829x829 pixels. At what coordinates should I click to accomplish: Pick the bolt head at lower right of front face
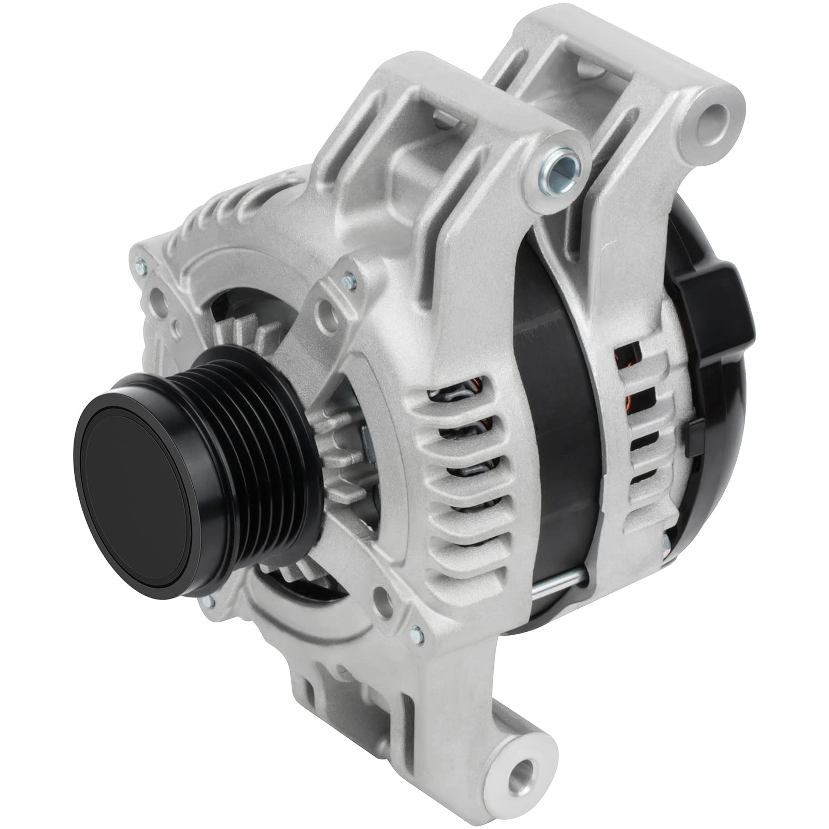pos(415,632)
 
